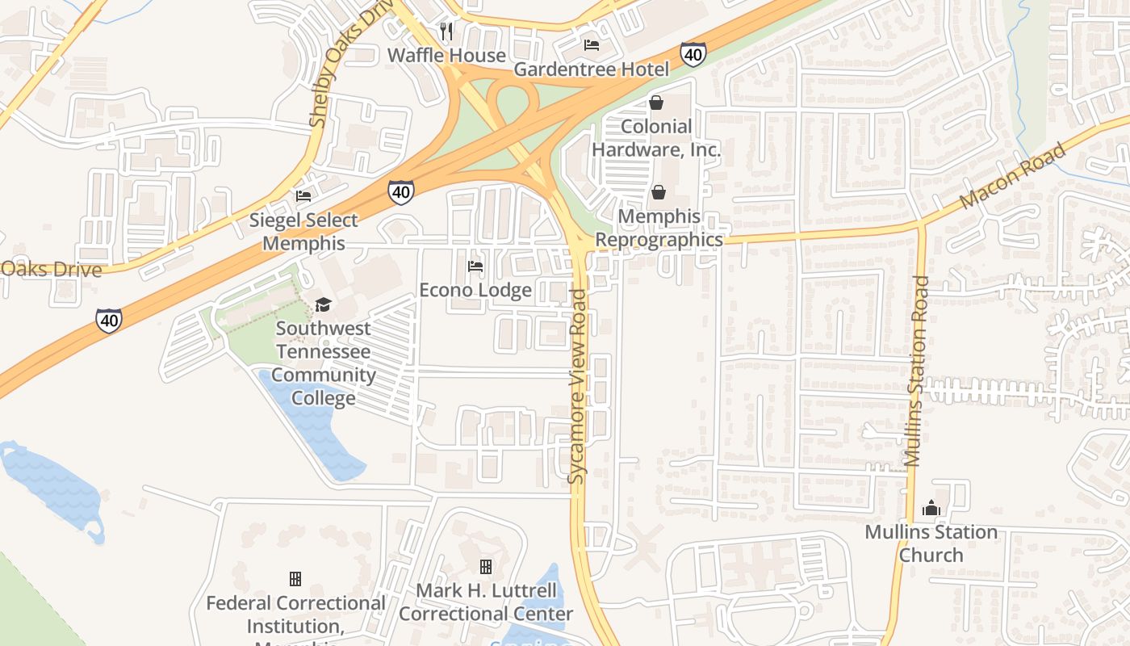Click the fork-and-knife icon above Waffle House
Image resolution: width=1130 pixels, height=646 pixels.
[446, 31]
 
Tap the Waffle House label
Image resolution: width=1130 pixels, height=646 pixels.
[446, 55]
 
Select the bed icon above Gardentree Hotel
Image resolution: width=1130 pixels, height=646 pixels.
[592, 45]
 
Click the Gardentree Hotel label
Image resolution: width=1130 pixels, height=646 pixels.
[592, 69]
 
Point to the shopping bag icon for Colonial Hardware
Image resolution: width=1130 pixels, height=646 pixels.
[656, 103]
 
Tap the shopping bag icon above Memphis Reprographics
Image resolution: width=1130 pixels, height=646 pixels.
[659, 192]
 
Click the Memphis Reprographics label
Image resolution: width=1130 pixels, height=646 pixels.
[659, 229]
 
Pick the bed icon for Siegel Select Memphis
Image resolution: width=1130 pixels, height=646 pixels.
[303, 196]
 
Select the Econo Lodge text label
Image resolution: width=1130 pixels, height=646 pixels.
[475, 290]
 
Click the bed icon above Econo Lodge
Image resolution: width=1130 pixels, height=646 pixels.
[475, 266]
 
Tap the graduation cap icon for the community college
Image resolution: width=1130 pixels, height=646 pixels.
[323, 304]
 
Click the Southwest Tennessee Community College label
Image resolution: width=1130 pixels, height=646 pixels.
[323, 363]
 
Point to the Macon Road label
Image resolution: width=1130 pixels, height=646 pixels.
[1014, 176]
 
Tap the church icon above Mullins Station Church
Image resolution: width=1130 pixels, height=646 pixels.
[931, 508]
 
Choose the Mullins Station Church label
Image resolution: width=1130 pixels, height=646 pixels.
[931, 543]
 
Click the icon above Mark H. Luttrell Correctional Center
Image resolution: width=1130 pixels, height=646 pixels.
[486, 567]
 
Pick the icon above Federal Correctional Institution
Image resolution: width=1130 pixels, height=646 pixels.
[295, 579]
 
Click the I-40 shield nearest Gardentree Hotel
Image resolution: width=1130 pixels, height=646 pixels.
[693, 54]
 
